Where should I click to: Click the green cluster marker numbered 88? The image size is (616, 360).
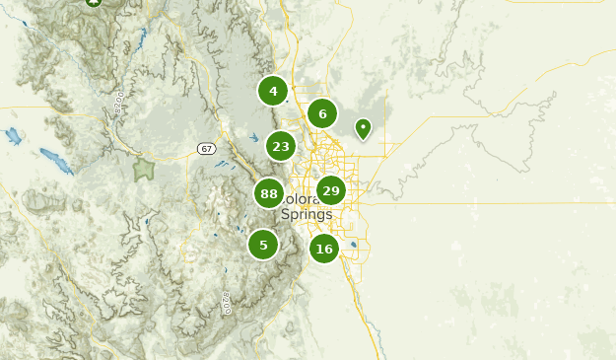pyautogui.click(x=269, y=193)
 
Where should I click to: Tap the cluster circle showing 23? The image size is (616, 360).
pyautogui.click(x=281, y=146)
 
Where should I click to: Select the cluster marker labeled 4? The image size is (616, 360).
pyautogui.click(x=273, y=91)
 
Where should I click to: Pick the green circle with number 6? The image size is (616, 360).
pyautogui.click(x=322, y=113)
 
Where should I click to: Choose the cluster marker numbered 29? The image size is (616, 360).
pyautogui.click(x=330, y=190)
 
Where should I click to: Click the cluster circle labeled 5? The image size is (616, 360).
pyautogui.click(x=263, y=244)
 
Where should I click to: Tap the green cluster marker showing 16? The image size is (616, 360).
pyautogui.click(x=324, y=249)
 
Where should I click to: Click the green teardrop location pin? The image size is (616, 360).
pyautogui.click(x=363, y=128)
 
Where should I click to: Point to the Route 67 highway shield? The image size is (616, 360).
pyautogui.click(x=205, y=149)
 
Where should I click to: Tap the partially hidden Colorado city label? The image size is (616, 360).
pyautogui.click(x=296, y=198)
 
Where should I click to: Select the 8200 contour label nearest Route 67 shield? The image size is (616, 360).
pyautogui.click(x=120, y=100)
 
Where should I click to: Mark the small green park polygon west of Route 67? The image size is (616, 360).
pyautogui.click(x=144, y=169)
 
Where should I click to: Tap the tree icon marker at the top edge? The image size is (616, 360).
pyautogui.click(x=94, y=3)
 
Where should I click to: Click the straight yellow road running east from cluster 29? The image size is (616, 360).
pyautogui.click(x=473, y=203)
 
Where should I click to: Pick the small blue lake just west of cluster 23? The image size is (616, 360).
pyautogui.click(x=253, y=138)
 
